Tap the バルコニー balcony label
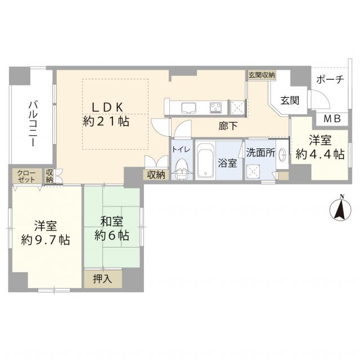tap(33, 124)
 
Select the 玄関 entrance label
tap(290, 101)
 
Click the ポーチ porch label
tap(329, 80)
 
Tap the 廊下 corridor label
tap(228, 127)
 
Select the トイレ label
tap(181, 149)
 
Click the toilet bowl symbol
tap(181, 169)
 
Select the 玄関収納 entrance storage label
tap(261, 75)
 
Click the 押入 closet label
tap(103, 278)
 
